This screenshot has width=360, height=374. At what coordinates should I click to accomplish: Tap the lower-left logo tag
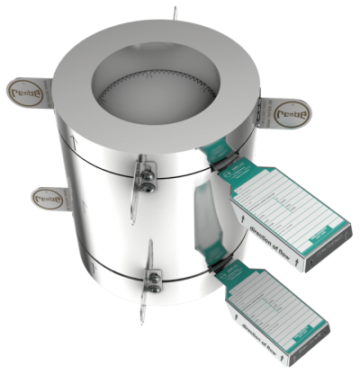[46, 192]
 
